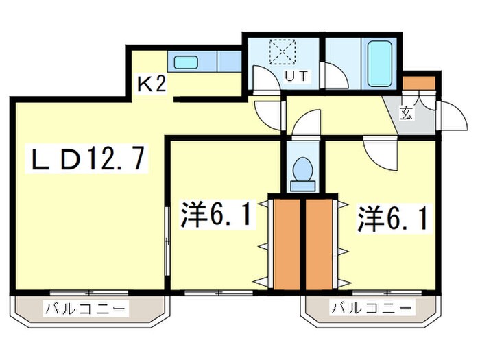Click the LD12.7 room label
[85, 159]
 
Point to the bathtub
[379, 63]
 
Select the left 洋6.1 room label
[214, 215]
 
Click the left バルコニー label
[86, 309]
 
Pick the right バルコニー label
[373, 309]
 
